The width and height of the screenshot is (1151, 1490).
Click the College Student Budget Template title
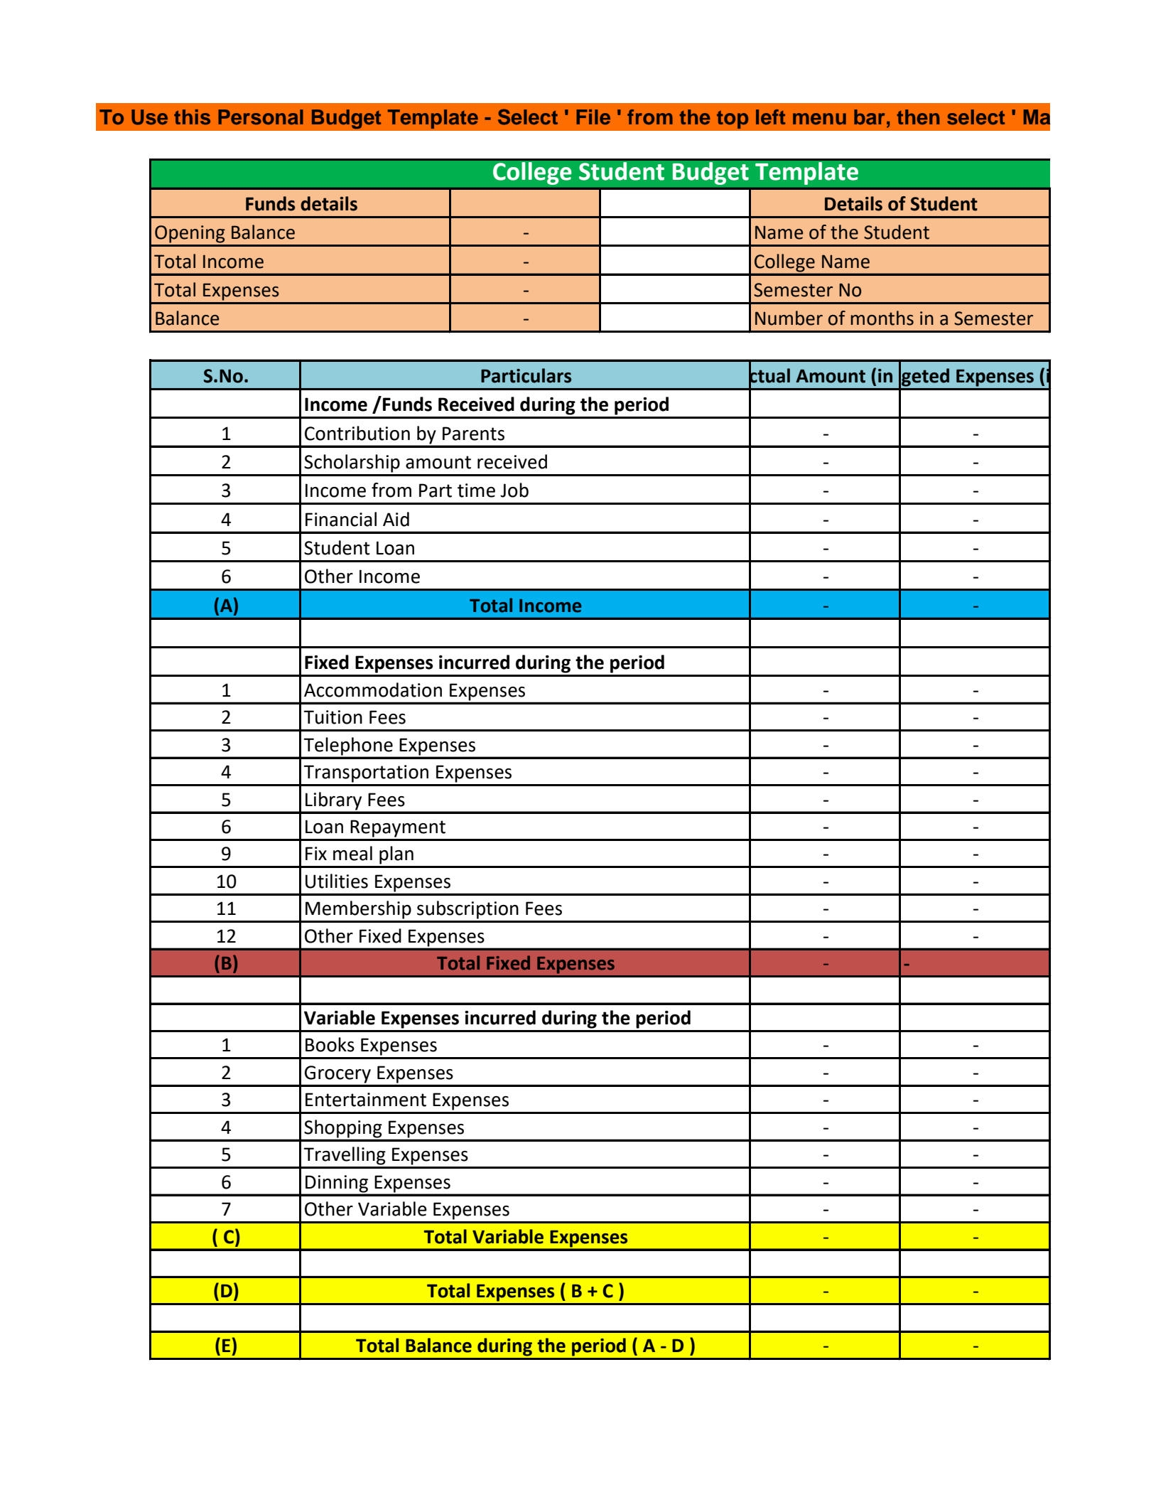tap(674, 173)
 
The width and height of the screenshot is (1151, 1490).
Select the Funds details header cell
tap(301, 204)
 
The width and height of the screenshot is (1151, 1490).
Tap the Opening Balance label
tap(225, 233)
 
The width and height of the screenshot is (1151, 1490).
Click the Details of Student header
tap(899, 204)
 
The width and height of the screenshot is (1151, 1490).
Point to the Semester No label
tap(807, 290)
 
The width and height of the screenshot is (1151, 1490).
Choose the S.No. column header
tap(225, 376)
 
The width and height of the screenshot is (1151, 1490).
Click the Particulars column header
tap(525, 376)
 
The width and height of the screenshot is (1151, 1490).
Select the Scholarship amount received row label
tap(426, 462)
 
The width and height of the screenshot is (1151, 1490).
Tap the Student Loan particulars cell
tap(360, 548)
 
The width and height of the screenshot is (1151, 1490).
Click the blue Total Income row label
tap(525, 606)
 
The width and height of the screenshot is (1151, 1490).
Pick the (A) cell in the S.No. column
tap(225, 606)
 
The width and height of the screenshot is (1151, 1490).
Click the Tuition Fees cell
tap(355, 718)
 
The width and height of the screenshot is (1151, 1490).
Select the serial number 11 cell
tap(225, 909)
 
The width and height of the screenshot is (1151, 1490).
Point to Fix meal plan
tap(359, 854)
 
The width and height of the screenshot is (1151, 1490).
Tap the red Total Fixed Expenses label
tap(525, 963)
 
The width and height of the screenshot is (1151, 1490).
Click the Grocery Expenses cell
tap(378, 1073)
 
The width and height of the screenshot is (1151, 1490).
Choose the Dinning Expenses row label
tap(377, 1182)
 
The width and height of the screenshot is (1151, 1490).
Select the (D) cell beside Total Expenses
tap(225, 1291)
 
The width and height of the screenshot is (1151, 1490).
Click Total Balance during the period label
tap(525, 1346)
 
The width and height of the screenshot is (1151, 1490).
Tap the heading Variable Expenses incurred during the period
tap(497, 1018)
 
